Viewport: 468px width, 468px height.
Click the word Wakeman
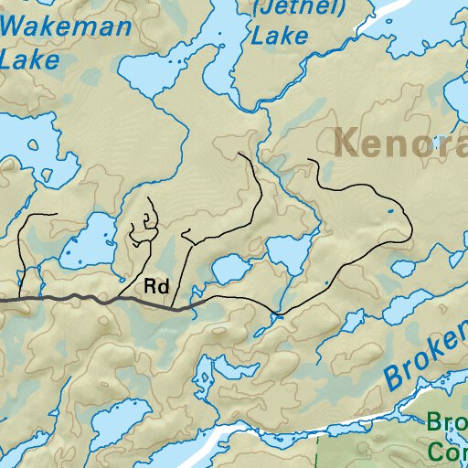[66, 27]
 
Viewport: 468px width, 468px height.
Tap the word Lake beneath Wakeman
[29, 60]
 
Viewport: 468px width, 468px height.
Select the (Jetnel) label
[285, 8]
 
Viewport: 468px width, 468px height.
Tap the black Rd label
[156, 286]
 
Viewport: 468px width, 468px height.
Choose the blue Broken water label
[425, 357]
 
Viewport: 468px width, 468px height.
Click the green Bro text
[448, 423]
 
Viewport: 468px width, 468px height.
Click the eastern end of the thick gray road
[189, 309]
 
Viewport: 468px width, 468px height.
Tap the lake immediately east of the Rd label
[229, 270]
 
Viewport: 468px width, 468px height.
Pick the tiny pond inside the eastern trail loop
[390, 212]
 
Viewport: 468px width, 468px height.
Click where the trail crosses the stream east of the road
[278, 314]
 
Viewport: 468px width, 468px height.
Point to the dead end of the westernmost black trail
[57, 215]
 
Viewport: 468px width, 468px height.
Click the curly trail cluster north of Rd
[143, 229]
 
